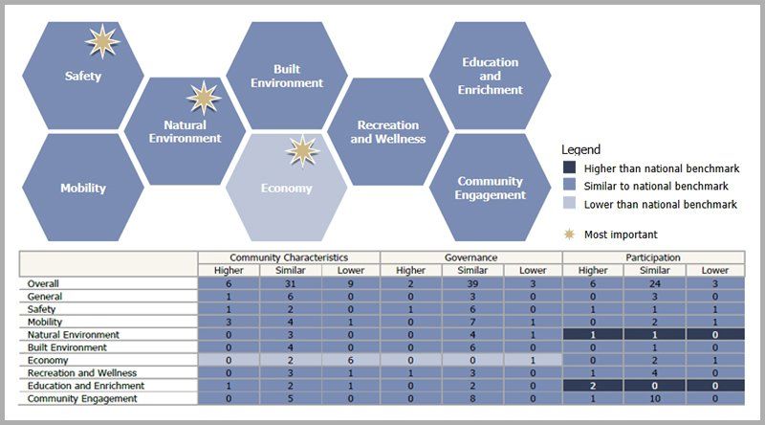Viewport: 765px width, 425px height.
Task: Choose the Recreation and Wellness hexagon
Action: [x=387, y=132]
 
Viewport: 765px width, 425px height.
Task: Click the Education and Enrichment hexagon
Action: [x=492, y=77]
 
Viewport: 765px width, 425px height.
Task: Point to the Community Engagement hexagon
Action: [x=491, y=188]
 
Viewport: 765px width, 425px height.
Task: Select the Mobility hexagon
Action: [x=82, y=189]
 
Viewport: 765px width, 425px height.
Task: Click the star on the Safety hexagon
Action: [x=103, y=43]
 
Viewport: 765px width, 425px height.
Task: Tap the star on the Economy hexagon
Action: [x=303, y=150]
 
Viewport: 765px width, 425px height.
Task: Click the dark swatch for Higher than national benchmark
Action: [x=569, y=168]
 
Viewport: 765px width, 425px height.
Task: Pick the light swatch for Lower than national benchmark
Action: [x=569, y=204]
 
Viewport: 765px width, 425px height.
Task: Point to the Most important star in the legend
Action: [x=570, y=234]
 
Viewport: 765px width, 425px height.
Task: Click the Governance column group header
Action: [x=470, y=257]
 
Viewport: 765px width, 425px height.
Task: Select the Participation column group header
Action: [x=653, y=257]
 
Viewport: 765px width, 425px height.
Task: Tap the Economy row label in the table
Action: [x=43, y=360]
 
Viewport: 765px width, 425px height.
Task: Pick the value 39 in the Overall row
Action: [x=470, y=284]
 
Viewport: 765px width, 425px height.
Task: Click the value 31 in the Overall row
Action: [x=289, y=284]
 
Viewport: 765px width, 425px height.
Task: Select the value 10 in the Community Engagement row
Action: [x=653, y=397]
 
